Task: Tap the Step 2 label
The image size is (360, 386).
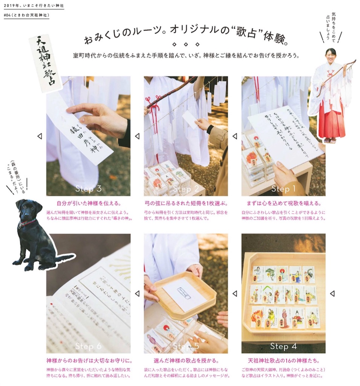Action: (186, 189)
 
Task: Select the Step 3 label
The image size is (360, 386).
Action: (88, 189)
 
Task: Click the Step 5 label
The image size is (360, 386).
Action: (186, 346)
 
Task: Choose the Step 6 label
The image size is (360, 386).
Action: (88, 346)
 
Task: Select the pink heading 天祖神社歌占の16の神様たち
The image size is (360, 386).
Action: (283, 361)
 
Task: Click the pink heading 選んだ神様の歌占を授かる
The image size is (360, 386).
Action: (186, 361)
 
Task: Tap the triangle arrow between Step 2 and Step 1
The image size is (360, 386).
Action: (234, 136)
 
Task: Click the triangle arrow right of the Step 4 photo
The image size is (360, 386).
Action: (332, 293)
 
